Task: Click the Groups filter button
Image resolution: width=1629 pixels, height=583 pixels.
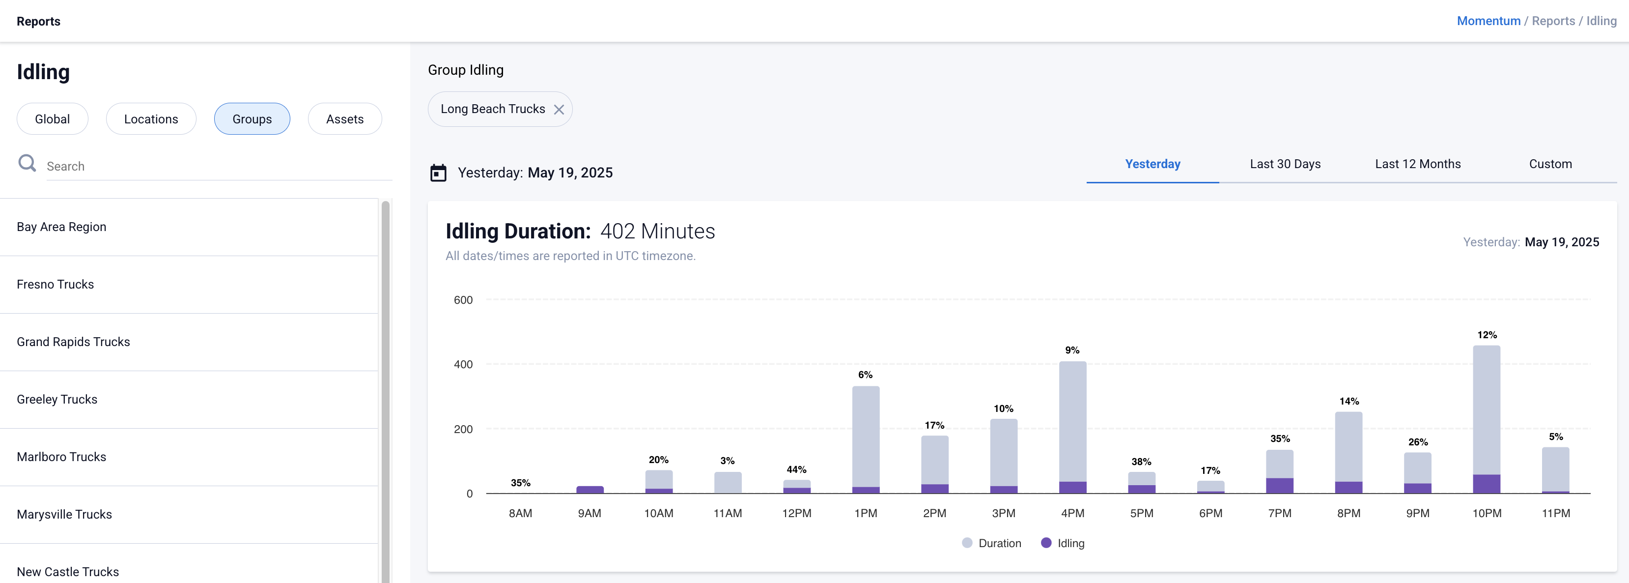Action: pos(252,119)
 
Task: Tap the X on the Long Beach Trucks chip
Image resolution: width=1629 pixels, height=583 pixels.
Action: pos(559,110)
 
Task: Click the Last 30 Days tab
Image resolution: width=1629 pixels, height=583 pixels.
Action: pos(1285,164)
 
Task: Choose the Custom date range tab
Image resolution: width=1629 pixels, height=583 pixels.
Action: pos(1550,164)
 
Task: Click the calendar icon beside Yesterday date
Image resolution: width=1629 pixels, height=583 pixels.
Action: pos(438,173)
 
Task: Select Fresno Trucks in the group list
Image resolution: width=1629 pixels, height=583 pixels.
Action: pos(56,284)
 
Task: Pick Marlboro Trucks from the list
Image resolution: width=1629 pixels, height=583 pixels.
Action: pos(61,456)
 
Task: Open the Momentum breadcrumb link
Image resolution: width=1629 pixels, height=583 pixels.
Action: pos(1488,21)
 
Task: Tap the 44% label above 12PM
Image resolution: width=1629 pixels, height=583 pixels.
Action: pos(796,469)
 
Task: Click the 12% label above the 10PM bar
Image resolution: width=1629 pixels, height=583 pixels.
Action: pos(1487,334)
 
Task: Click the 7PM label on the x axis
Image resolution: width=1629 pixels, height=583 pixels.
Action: pos(1279,513)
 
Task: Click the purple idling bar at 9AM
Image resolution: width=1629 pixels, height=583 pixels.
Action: pos(590,489)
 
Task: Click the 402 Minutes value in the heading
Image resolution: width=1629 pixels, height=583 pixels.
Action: pos(657,231)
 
